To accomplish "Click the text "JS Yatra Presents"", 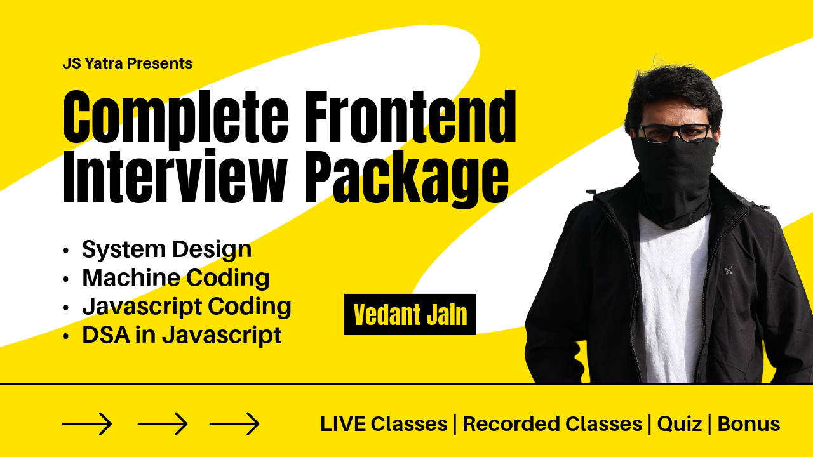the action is (128, 63).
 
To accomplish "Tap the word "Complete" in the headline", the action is (175, 118).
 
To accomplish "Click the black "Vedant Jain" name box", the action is (410, 314).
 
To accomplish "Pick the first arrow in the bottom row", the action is (87, 423).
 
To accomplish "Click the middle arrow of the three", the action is (163, 423).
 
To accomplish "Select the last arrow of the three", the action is (234, 423).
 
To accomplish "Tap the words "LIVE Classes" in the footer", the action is (384, 424).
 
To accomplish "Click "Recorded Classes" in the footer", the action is (553, 424).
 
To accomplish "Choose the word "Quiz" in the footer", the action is (680, 425).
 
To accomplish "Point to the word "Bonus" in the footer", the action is (749, 424).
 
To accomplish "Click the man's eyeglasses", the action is (675, 133).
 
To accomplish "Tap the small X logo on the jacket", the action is (729, 270).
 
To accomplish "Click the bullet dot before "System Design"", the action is (65, 251).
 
